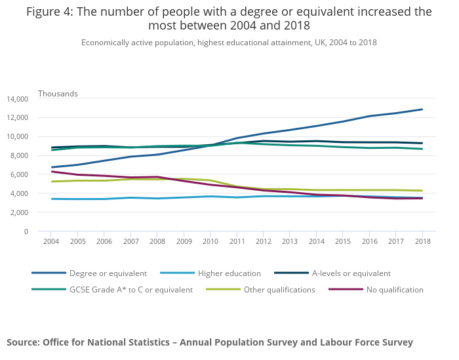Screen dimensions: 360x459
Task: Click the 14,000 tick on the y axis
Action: point(17,99)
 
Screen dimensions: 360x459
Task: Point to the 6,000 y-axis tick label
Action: point(19,174)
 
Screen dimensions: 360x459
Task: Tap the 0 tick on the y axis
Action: point(26,231)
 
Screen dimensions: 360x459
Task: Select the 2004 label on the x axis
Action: point(51,242)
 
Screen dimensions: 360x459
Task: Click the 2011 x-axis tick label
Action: point(237,242)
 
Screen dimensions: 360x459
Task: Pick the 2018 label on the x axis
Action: point(422,242)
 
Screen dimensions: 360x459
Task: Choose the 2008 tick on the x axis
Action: point(157,242)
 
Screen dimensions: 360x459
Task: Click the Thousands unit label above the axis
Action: point(58,94)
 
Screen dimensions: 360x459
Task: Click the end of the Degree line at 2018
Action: point(422,110)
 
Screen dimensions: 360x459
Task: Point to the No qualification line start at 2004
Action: point(51,172)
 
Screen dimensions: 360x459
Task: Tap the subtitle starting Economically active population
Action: point(229,43)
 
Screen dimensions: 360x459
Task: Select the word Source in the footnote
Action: point(23,342)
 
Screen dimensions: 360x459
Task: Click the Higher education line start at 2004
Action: point(51,199)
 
